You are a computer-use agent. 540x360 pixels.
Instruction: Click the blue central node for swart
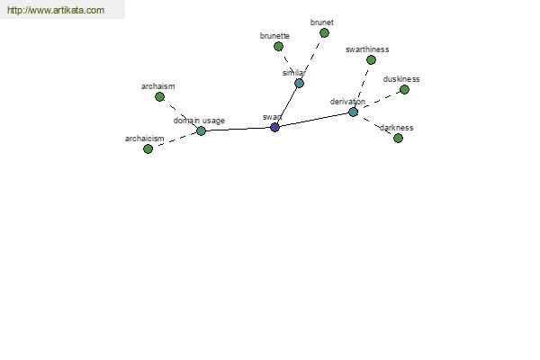point(274,127)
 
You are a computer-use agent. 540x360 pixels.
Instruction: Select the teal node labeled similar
point(299,83)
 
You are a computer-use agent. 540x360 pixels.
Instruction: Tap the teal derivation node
point(353,112)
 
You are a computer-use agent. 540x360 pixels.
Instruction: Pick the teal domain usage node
point(201,130)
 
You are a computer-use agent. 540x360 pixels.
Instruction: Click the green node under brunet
point(324,33)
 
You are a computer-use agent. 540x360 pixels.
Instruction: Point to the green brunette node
point(278,46)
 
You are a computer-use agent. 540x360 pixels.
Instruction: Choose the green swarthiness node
point(371,60)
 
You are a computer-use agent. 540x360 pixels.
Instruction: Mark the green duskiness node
point(404,90)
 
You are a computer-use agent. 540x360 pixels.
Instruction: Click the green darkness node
point(398,138)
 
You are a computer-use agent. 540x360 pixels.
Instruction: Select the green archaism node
point(159,97)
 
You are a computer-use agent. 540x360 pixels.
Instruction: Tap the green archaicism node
point(148,148)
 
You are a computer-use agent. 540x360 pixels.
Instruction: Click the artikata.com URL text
point(56,10)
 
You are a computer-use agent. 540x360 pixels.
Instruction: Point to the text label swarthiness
point(367,49)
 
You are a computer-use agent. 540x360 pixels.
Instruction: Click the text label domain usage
point(199,121)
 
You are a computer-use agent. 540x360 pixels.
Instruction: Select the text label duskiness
point(401,79)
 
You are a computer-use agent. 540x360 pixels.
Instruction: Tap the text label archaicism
point(144,139)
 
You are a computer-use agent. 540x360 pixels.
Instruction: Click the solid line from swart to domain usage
point(238,129)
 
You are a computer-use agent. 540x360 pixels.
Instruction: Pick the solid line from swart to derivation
point(314,120)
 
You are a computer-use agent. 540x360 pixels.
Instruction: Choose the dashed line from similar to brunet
point(311,58)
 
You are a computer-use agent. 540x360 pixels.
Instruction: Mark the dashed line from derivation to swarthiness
point(362,86)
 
